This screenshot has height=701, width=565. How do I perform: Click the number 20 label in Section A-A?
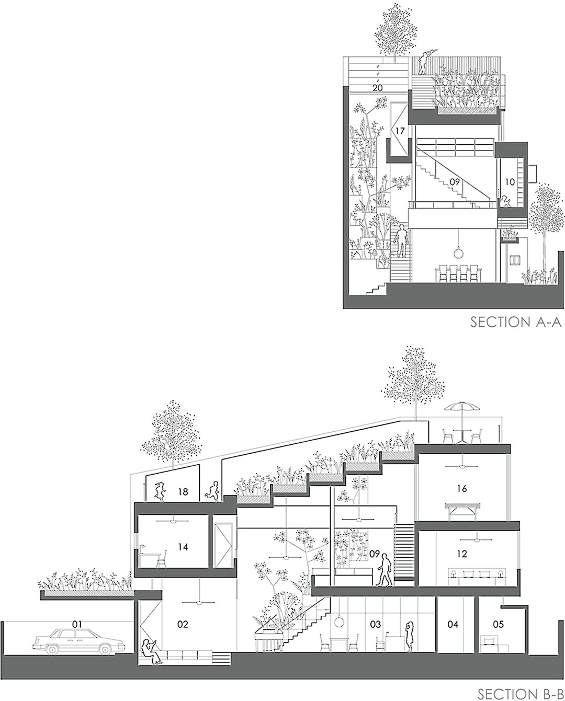pyautogui.click(x=378, y=88)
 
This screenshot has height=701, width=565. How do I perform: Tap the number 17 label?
pyautogui.click(x=400, y=131)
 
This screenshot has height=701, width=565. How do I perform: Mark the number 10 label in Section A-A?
pyautogui.click(x=510, y=182)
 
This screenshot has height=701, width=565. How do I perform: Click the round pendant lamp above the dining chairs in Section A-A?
pyautogui.click(x=459, y=253)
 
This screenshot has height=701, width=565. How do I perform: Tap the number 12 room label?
pyautogui.click(x=462, y=554)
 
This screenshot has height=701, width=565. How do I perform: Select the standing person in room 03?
pyautogui.click(x=409, y=635)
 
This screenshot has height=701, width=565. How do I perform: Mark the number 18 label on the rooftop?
pyautogui.click(x=183, y=491)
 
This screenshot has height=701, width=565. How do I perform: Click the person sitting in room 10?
pyautogui.click(x=505, y=201)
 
